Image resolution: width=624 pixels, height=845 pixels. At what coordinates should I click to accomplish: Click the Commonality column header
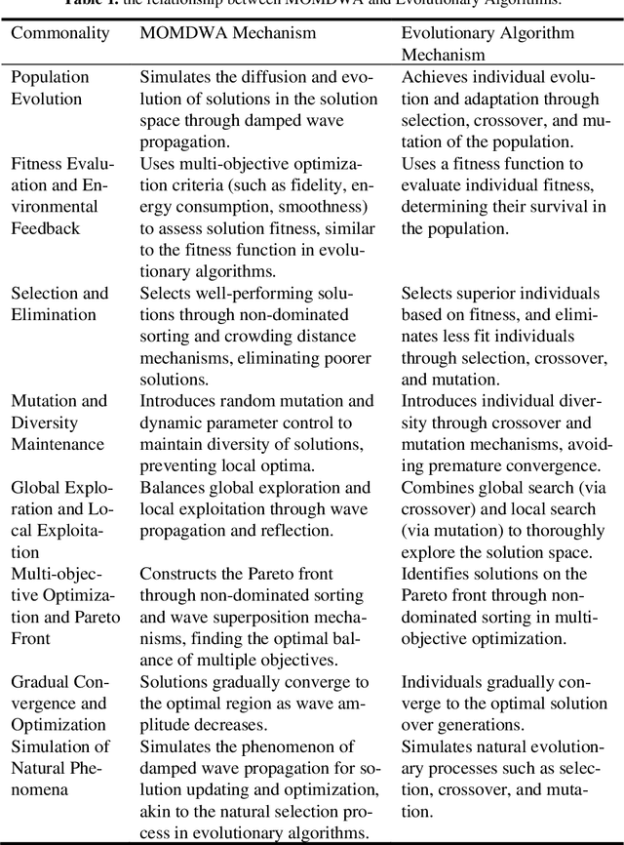pos(60,34)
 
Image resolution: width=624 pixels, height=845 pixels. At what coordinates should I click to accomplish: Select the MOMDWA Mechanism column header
pos(227,34)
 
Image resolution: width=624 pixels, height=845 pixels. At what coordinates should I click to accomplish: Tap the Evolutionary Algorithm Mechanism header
pos(487,43)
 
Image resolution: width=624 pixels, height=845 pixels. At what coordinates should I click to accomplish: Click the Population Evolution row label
pos(50,86)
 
